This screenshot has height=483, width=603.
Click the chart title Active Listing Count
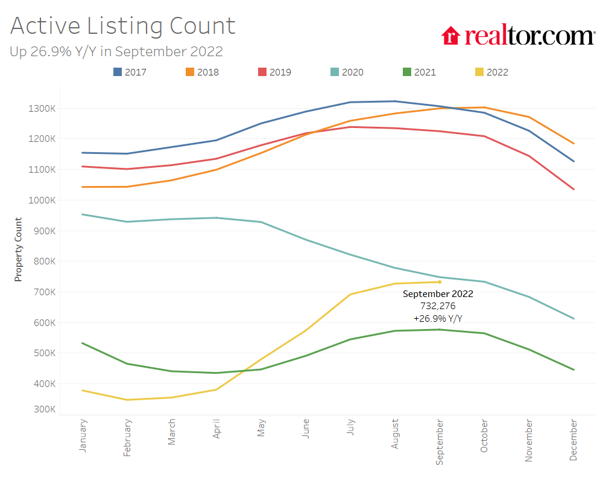(x=123, y=26)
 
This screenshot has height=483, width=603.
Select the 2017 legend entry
(x=130, y=72)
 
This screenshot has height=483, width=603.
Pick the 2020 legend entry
(x=347, y=72)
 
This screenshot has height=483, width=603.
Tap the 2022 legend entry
(x=491, y=72)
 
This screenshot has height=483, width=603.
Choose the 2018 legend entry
(x=202, y=72)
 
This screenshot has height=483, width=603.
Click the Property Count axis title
(x=18, y=249)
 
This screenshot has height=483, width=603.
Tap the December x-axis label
(x=573, y=440)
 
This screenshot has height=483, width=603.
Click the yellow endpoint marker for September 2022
(x=440, y=282)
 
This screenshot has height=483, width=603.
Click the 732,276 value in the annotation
(x=438, y=306)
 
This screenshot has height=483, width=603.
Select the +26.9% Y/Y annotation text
(x=438, y=318)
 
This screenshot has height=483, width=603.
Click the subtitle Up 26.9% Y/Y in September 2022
(x=116, y=52)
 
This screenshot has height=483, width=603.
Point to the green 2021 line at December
(x=573, y=369)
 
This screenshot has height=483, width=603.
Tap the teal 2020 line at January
(x=83, y=214)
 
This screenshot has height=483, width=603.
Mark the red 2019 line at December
(x=573, y=189)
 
